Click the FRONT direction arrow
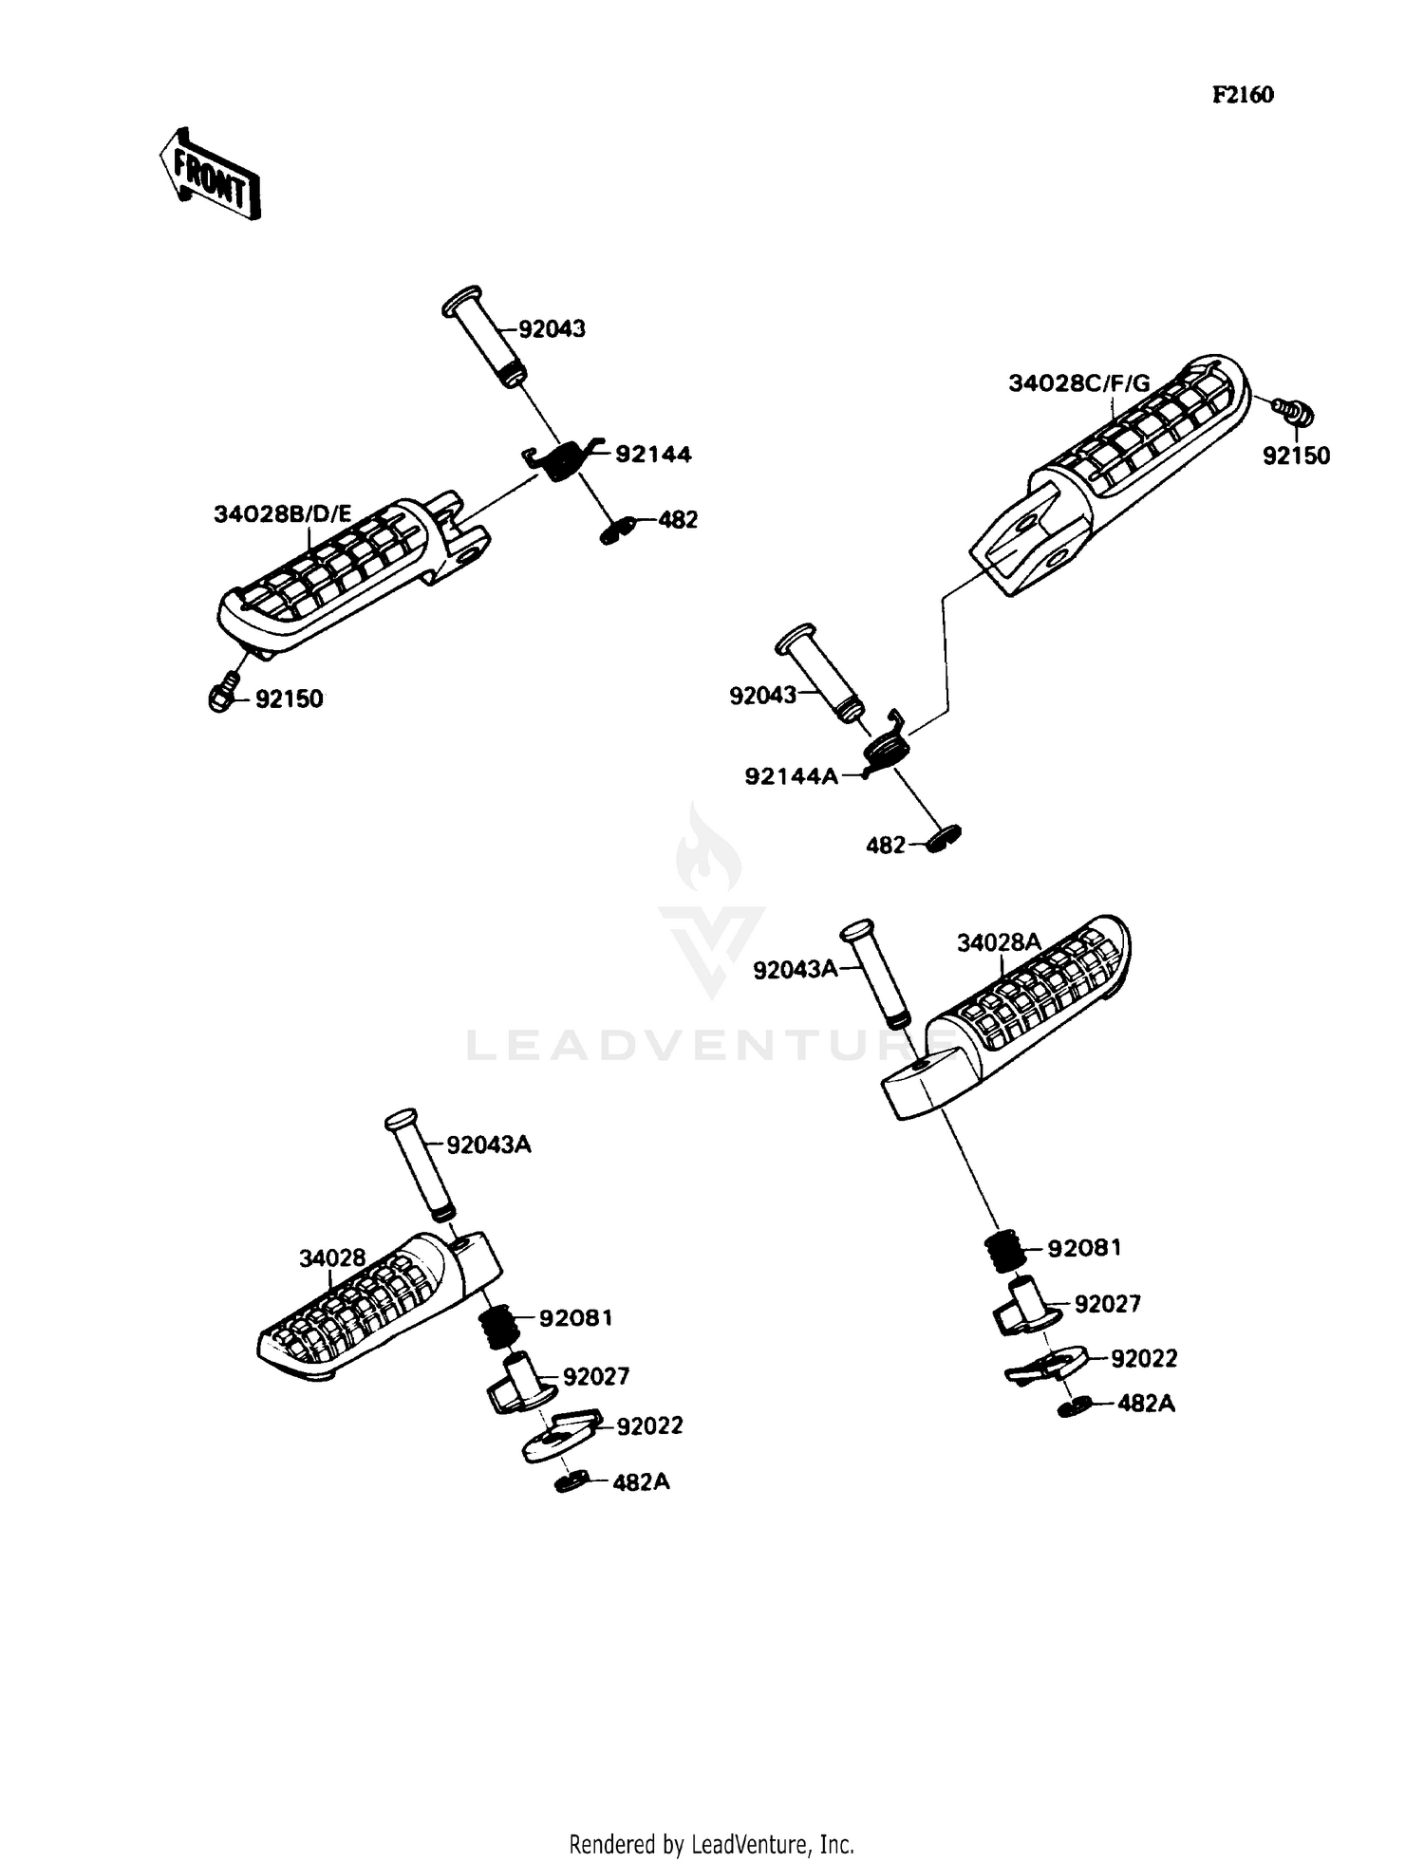pos(209,174)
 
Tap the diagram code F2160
pos(1242,95)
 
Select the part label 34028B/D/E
pos(282,514)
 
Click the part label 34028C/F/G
pos(1078,383)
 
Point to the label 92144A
pos(791,776)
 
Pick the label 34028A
pos(999,942)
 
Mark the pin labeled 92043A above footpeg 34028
pos(419,1164)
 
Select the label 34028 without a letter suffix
pos(332,1258)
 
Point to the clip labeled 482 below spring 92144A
pos(944,839)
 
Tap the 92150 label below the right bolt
pos(1296,456)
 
